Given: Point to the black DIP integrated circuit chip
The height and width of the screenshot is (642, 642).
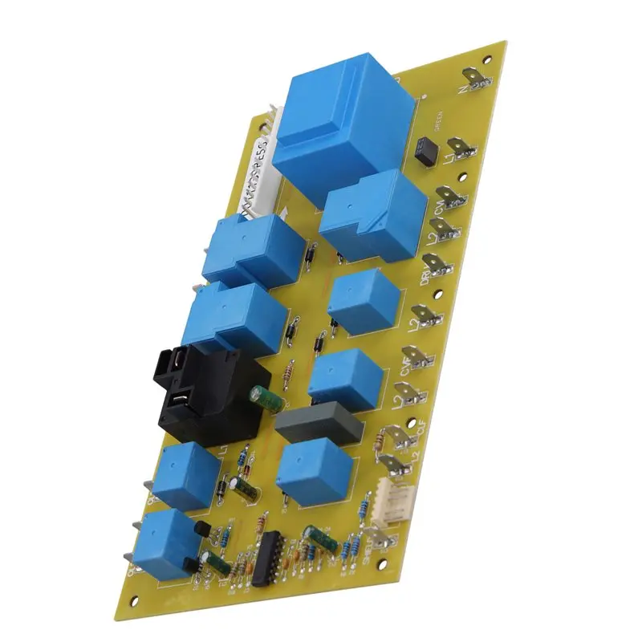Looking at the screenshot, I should click(266, 559).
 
